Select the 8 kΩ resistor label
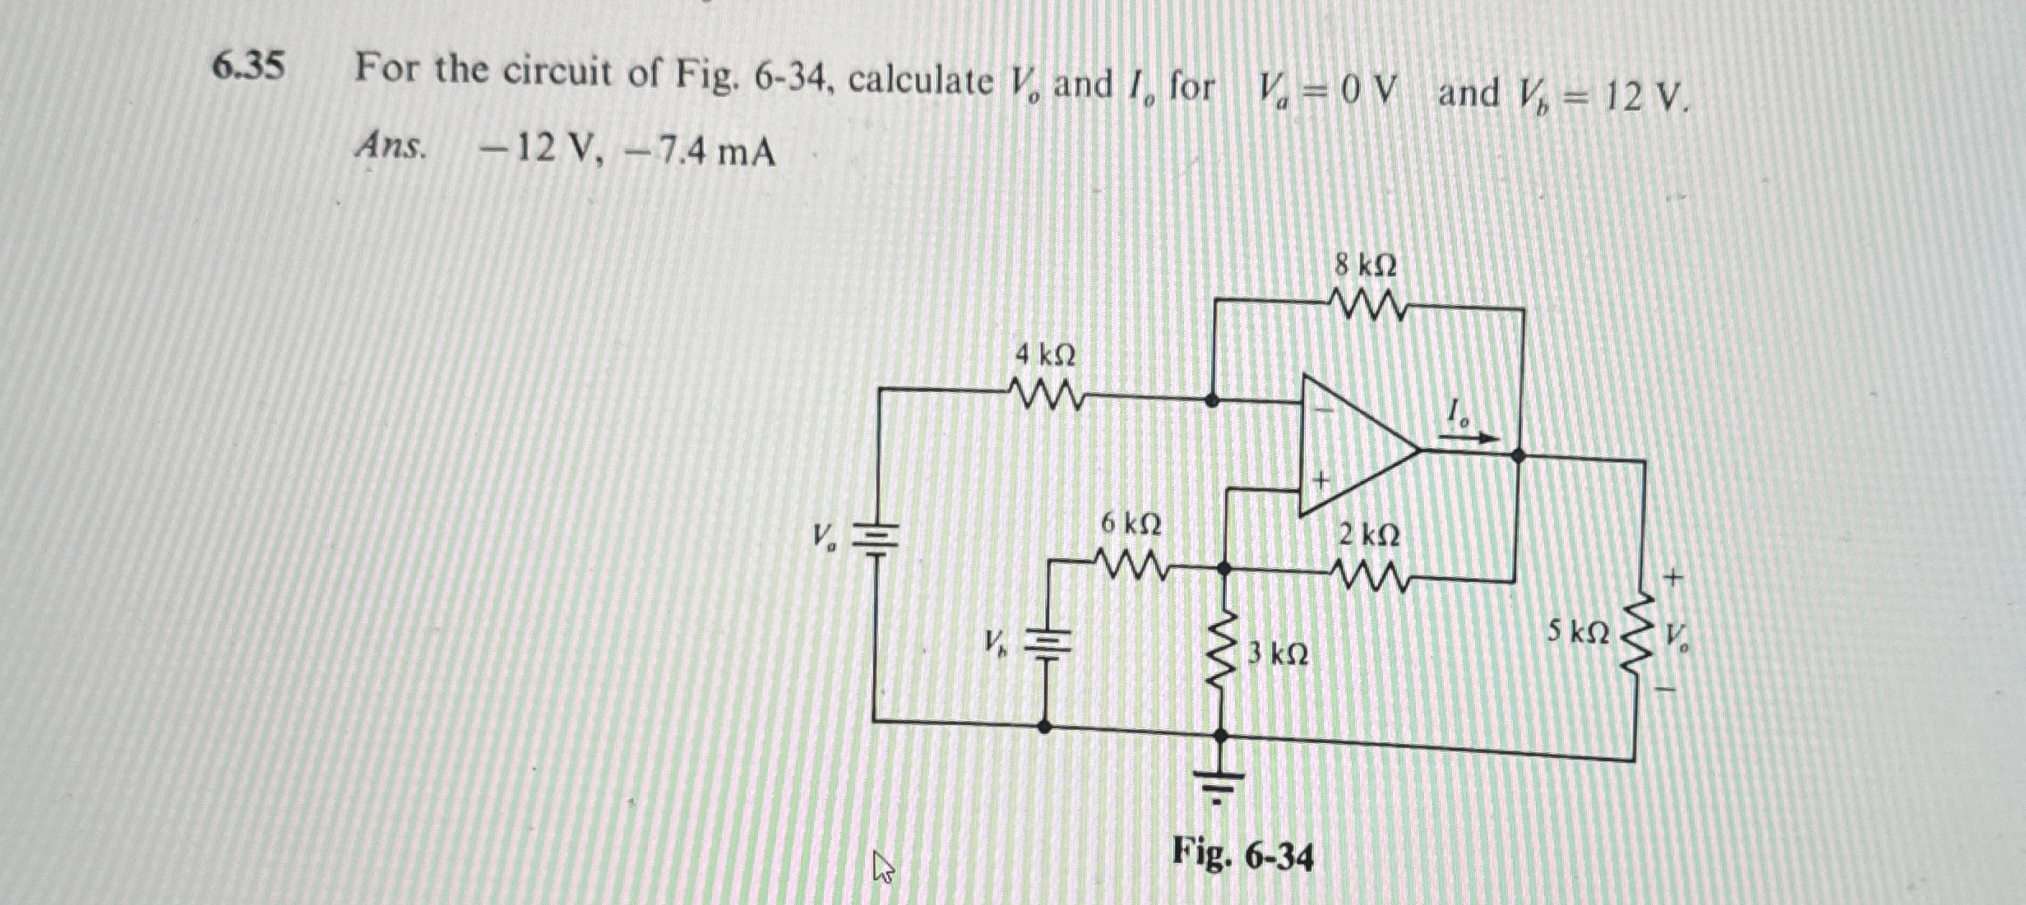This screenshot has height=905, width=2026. point(1365,266)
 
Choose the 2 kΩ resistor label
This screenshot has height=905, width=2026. point(1368,536)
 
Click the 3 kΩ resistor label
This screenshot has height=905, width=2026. point(1278,655)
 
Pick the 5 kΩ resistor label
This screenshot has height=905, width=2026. point(1578,632)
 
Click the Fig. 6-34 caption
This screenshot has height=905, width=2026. point(1242,856)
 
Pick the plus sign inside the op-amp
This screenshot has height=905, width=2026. point(1321,479)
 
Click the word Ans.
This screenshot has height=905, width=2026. point(391,148)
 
